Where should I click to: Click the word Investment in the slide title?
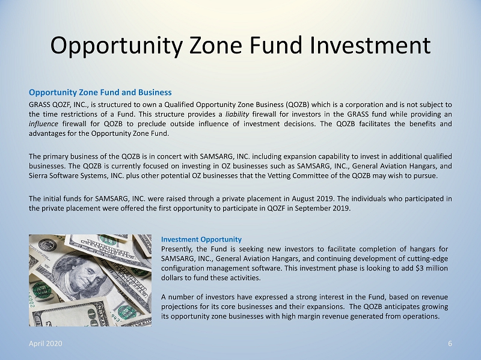point(370,46)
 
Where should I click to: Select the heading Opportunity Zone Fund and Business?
point(100,93)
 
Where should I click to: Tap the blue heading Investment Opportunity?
point(201,239)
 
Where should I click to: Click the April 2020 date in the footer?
point(46,343)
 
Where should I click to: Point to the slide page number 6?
point(450,343)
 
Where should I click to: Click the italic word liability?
point(237,114)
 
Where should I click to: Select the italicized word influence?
point(43,124)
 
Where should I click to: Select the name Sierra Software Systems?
point(68,175)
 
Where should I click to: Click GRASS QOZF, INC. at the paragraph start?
point(58,105)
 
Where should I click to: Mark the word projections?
point(177,307)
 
